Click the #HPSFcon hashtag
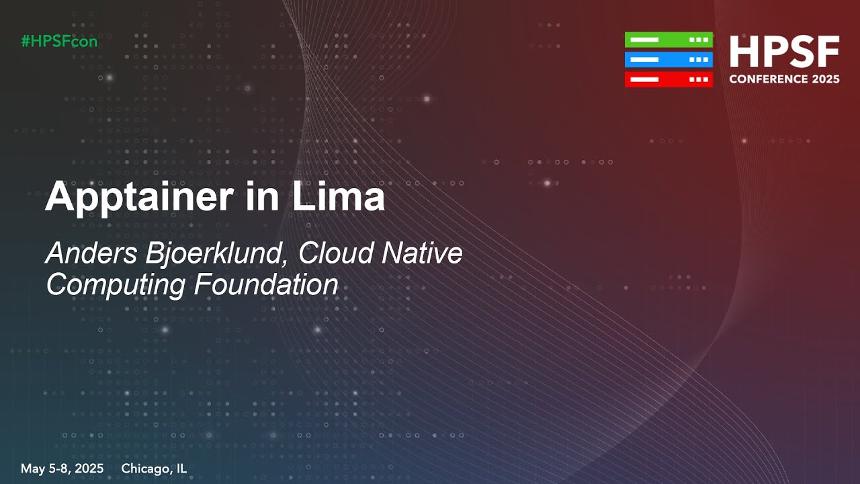[59, 41]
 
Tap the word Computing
[116, 285]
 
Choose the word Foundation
[266, 284]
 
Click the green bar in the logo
[668, 40]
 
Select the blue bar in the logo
[668, 60]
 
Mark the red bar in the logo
[668, 79]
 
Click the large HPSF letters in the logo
[784, 52]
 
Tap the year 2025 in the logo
[826, 79]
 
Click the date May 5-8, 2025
[62, 469]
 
